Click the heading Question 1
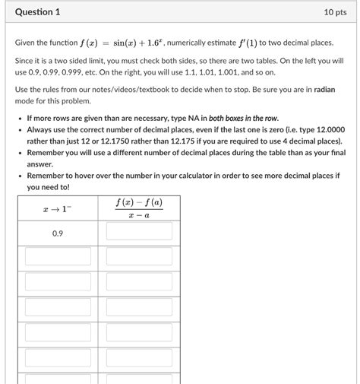(x=37, y=12)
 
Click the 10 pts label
(x=336, y=12)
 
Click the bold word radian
(x=327, y=89)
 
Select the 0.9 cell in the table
(x=57, y=233)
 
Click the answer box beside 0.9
(x=139, y=232)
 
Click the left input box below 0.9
(x=57, y=256)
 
